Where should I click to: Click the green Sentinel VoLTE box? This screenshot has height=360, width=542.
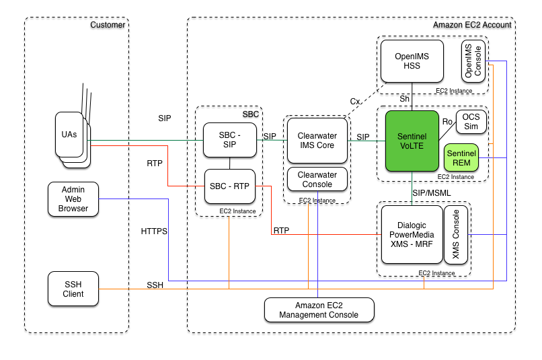(412, 141)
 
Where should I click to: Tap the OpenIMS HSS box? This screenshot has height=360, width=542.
(412, 62)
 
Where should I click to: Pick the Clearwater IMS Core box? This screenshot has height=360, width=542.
(317, 140)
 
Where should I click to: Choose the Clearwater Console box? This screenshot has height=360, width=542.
(317, 180)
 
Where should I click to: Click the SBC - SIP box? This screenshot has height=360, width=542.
(230, 140)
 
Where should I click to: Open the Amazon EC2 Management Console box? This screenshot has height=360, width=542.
(318, 310)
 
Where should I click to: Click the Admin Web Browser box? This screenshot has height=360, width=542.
(73, 199)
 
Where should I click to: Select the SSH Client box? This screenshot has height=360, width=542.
(73, 288)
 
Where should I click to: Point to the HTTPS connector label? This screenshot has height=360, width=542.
(154, 231)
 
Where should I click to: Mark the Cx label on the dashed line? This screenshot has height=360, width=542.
(355, 101)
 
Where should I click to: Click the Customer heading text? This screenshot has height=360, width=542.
(108, 25)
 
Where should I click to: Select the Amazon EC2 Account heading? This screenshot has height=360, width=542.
(472, 25)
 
